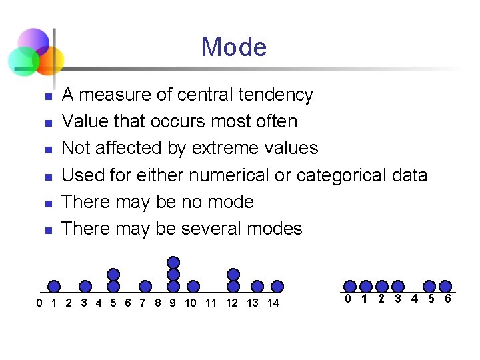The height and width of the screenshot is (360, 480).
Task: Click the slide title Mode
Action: click(233, 47)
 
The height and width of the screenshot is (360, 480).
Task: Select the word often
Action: click(274, 121)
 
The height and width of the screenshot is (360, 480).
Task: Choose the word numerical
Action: click(229, 175)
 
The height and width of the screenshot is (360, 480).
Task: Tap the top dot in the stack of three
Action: click(173, 263)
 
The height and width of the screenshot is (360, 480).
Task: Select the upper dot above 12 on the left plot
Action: click(233, 274)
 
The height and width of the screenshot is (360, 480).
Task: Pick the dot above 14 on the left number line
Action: click(277, 287)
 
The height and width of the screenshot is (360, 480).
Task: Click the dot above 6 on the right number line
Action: click(445, 287)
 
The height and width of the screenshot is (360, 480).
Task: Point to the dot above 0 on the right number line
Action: click(350, 287)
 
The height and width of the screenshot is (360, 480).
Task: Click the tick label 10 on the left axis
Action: click(191, 303)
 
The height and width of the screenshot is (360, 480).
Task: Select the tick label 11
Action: click(211, 303)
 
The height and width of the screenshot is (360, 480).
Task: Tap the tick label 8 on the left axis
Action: click(157, 303)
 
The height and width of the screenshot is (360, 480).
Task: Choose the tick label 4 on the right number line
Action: click(414, 299)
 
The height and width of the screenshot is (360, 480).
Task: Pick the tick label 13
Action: click(253, 303)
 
